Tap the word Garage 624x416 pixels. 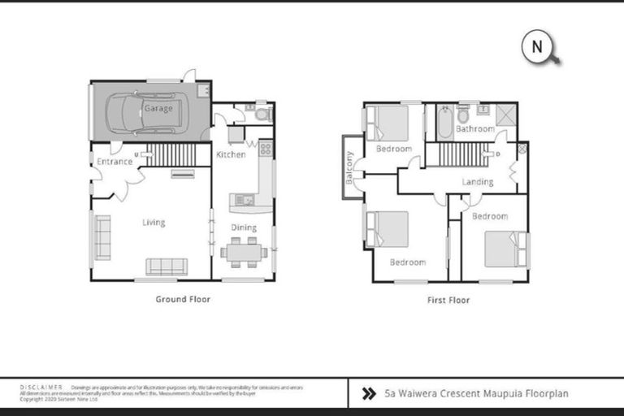click(x=158, y=108)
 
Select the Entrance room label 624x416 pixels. click(x=115, y=162)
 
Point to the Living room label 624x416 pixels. click(x=154, y=223)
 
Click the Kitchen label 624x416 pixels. click(x=232, y=154)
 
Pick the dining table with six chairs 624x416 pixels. click(x=243, y=253)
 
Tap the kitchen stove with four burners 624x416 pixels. click(x=266, y=149)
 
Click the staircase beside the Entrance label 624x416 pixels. click(x=171, y=154)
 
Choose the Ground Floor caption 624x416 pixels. click(x=183, y=299)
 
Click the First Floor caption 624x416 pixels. click(x=448, y=300)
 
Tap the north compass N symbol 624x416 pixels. click(x=537, y=47)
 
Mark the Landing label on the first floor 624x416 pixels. click(x=478, y=182)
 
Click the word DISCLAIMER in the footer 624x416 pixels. click(x=41, y=388)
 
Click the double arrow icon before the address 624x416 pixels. click(x=368, y=394)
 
